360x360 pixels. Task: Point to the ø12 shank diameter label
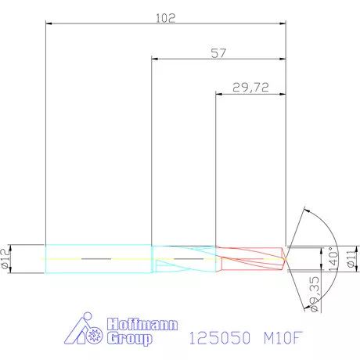click(x=7, y=257)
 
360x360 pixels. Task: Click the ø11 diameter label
click(x=351, y=257)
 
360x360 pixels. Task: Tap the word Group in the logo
click(x=131, y=339)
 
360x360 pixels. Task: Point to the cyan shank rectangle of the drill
click(x=98, y=257)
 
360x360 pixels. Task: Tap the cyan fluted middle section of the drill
click(x=184, y=257)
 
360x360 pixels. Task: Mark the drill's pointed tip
click(x=286, y=257)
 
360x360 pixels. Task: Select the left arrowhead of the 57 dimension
click(x=154, y=59)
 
